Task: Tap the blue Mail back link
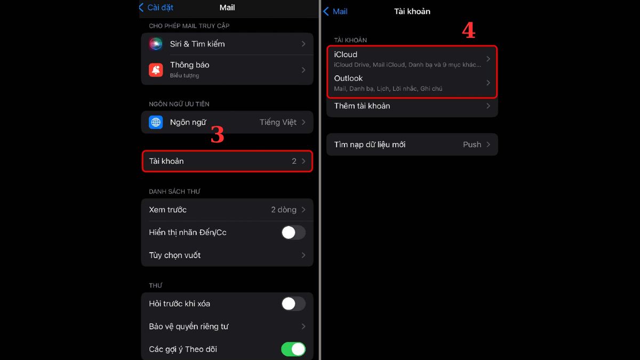(335, 11)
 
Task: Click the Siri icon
(156, 44)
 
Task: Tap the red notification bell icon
(156, 70)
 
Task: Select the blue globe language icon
(156, 122)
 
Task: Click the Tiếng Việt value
(278, 122)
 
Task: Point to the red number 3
(218, 134)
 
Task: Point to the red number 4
(469, 30)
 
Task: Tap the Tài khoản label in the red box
(166, 161)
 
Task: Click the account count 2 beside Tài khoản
(294, 161)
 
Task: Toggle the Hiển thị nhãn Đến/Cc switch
(293, 233)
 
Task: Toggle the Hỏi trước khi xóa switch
(293, 303)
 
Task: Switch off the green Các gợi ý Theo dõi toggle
(293, 349)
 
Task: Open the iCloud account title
(346, 54)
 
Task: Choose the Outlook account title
(348, 78)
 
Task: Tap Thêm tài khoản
(362, 106)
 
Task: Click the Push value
(472, 145)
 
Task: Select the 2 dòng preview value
(284, 210)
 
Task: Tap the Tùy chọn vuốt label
(174, 255)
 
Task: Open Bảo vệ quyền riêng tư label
(189, 326)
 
